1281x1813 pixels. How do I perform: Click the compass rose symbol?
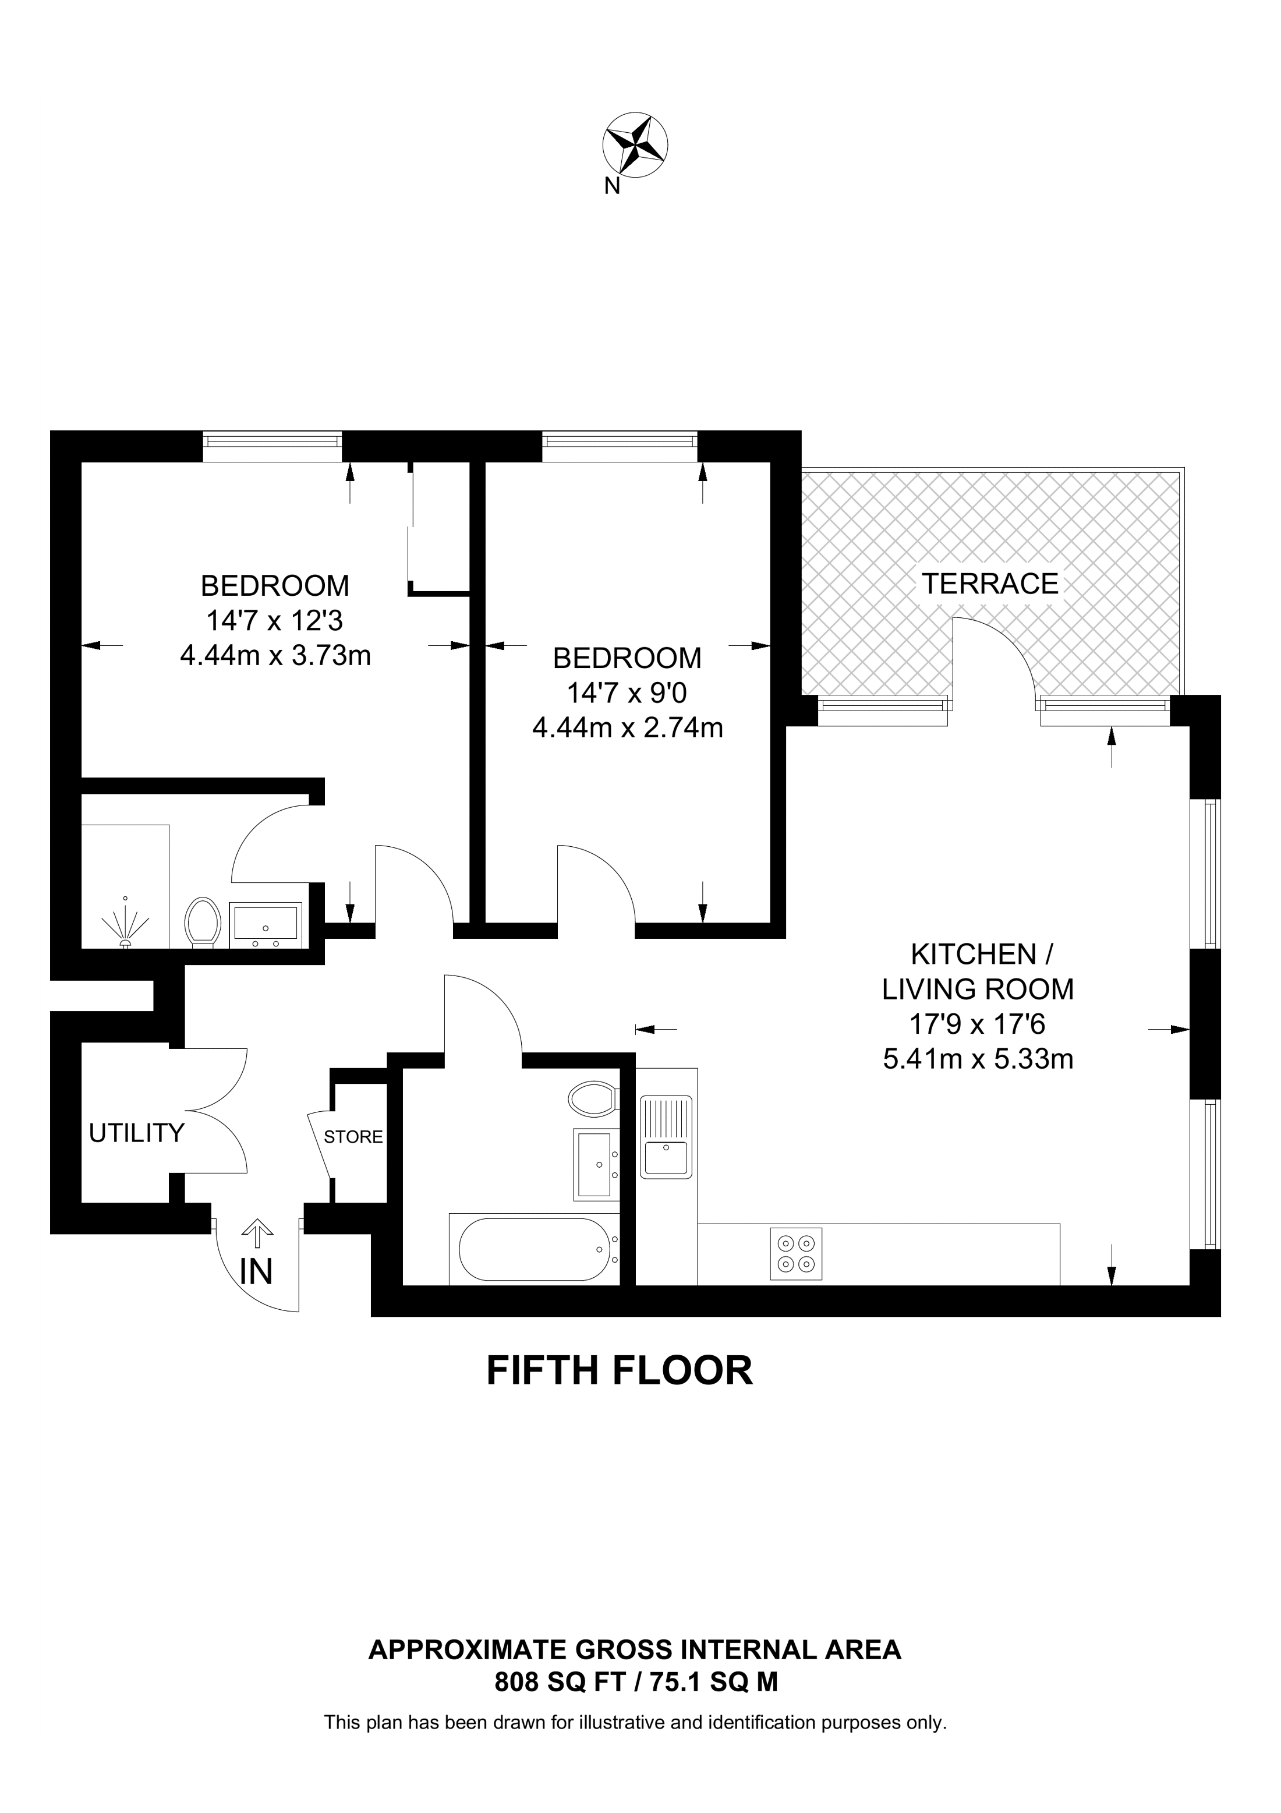[635, 145]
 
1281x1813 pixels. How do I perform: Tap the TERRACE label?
[990, 584]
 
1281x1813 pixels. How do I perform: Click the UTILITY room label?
[137, 1133]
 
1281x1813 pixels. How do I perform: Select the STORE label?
[353, 1136]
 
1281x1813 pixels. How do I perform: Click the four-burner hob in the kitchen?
[795, 1253]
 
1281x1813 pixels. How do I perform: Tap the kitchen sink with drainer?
[666, 1137]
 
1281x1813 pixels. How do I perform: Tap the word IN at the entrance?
[256, 1271]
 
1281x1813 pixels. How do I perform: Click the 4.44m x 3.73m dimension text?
[275, 655]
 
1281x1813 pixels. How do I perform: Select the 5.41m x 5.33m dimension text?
[978, 1058]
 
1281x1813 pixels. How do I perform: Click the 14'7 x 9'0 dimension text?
[628, 692]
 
